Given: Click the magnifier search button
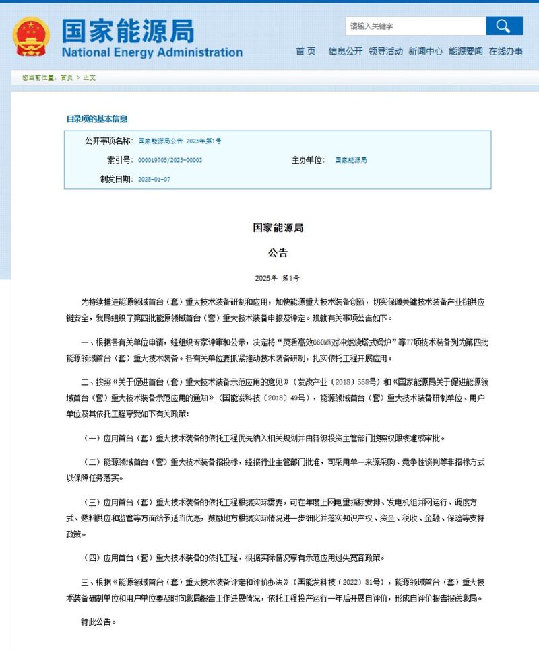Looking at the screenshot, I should click(x=504, y=26).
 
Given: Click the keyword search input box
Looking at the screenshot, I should click(x=415, y=26).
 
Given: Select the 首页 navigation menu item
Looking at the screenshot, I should click(x=305, y=51).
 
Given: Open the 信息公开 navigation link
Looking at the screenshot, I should click(x=345, y=51).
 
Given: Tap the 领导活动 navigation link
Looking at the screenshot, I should click(x=385, y=51).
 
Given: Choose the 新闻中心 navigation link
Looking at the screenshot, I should click(x=425, y=51).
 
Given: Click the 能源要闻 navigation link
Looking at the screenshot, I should click(x=466, y=51).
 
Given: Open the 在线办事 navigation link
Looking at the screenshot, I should click(x=505, y=51).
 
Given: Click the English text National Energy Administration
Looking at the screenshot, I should click(x=152, y=52).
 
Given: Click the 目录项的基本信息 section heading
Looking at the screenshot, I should click(x=96, y=119).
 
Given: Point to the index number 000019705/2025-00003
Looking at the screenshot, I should click(x=170, y=160).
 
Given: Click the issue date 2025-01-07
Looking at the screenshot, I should click(x=154, y=180).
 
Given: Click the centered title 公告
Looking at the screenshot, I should click(x=278, y=253).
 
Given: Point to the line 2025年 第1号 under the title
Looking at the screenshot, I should click(x=278, y=278).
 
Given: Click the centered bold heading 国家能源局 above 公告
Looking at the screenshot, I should click(x=278, y=228).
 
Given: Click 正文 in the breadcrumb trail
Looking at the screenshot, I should click(x=89, y=77).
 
